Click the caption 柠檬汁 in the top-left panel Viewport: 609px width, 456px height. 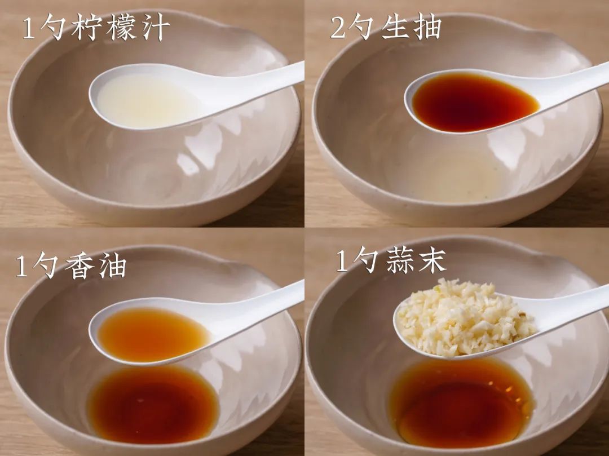[x=121, y=28]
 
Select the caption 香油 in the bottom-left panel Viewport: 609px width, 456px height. [x=95, y=266]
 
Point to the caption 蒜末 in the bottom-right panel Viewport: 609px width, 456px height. [x=416, y=261]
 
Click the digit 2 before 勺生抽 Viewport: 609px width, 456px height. [x=338, y=28]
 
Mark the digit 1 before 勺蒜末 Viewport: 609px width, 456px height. [x=342, y=261]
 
